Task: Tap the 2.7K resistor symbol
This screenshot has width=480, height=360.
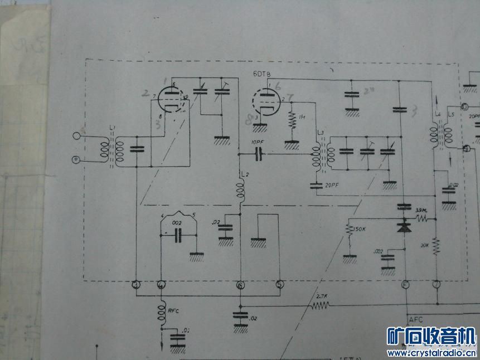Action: coord(321,305)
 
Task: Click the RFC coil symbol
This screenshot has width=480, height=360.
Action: coord(162,310)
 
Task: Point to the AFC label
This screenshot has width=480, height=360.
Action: coord(416,320)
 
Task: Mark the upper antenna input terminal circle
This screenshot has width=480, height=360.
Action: coord(76,135)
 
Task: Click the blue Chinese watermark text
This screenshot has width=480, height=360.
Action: coord(431,337)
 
